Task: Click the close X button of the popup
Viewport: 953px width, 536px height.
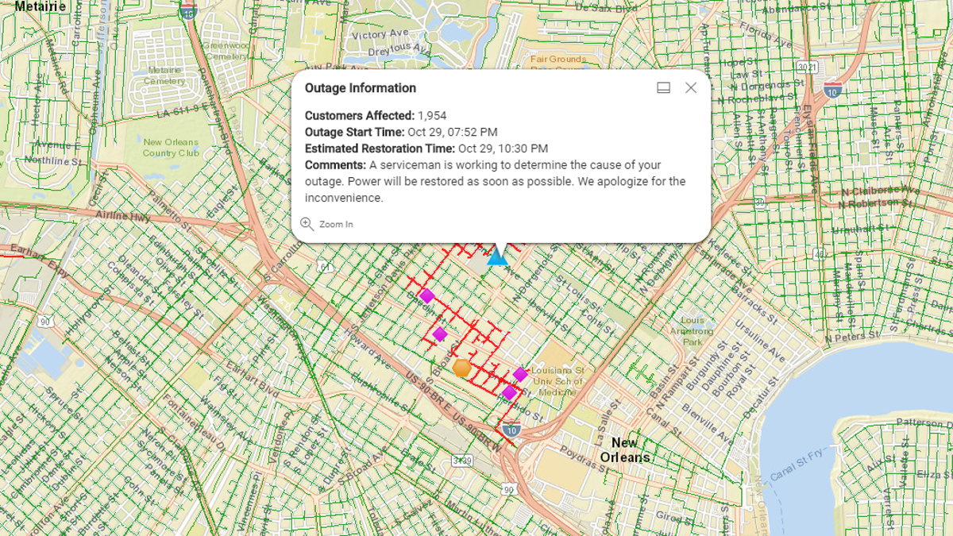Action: click(x=691, y=88)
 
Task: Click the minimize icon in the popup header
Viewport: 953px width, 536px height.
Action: click(x=664, y=88)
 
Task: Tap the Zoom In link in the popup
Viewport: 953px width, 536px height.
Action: click(x=327, y=225)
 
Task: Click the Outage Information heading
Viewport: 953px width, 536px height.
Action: click(x=360, y=88)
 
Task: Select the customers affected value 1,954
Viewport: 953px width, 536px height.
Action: click(x=432, y=116)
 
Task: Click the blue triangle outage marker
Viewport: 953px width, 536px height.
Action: click(x=497, y=256)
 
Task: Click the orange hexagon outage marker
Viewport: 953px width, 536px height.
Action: click(x=462, y=368)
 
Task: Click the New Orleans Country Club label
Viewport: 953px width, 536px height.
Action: click(x=171, y=148)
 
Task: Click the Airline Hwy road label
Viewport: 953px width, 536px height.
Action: click(x=123, y=216)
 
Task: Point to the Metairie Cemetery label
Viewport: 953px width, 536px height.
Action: click(x=165, y=75)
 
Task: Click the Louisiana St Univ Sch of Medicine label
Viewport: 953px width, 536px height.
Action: click(x=558, y=381)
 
